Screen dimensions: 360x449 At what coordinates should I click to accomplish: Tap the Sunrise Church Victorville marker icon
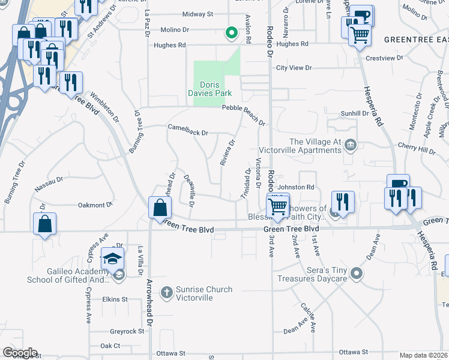coord(167,290)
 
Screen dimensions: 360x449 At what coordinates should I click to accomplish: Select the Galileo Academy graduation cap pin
coord(112,259)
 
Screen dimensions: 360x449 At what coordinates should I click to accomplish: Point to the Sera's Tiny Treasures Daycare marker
coord(357,274)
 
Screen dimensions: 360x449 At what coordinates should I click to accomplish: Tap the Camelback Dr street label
coord(188,133)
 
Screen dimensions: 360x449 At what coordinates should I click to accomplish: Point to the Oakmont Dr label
coord(95,205)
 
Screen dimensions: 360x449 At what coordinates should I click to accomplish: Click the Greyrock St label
coord(127,331)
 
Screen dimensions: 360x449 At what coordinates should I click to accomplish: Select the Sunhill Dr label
coord(355,113)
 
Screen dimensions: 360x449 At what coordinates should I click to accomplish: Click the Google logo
coord(20,353)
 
